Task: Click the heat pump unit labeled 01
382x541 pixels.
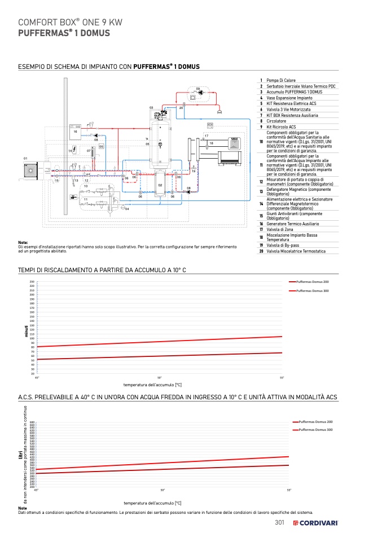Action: [29, 169]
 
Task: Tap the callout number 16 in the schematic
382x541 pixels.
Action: [76, 132]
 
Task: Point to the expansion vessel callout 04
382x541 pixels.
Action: [127, 210]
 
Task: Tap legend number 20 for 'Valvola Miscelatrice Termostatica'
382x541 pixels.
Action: [261, 251]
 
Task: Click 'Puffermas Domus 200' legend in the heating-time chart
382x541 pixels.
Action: [312, 281]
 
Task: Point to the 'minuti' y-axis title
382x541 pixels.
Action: [25, 331]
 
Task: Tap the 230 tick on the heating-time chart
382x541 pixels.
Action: [32, 281]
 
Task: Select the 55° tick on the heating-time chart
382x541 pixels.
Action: [282, 377]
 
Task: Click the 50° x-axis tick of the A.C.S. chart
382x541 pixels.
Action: [162, 490]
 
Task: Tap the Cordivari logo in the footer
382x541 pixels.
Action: [315, 523]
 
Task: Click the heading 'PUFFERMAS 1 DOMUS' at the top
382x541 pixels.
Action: [64, 33]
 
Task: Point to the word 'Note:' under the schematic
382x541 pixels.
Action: [23, 242]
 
